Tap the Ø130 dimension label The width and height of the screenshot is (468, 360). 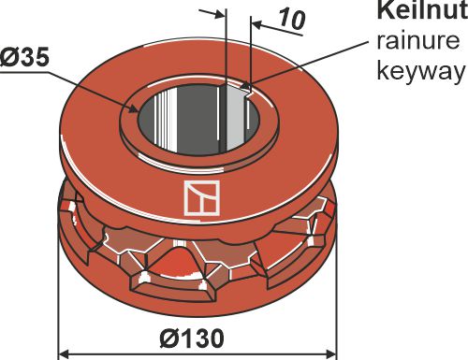point(196,336)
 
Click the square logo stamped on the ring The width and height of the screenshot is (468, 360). point(198,199)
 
